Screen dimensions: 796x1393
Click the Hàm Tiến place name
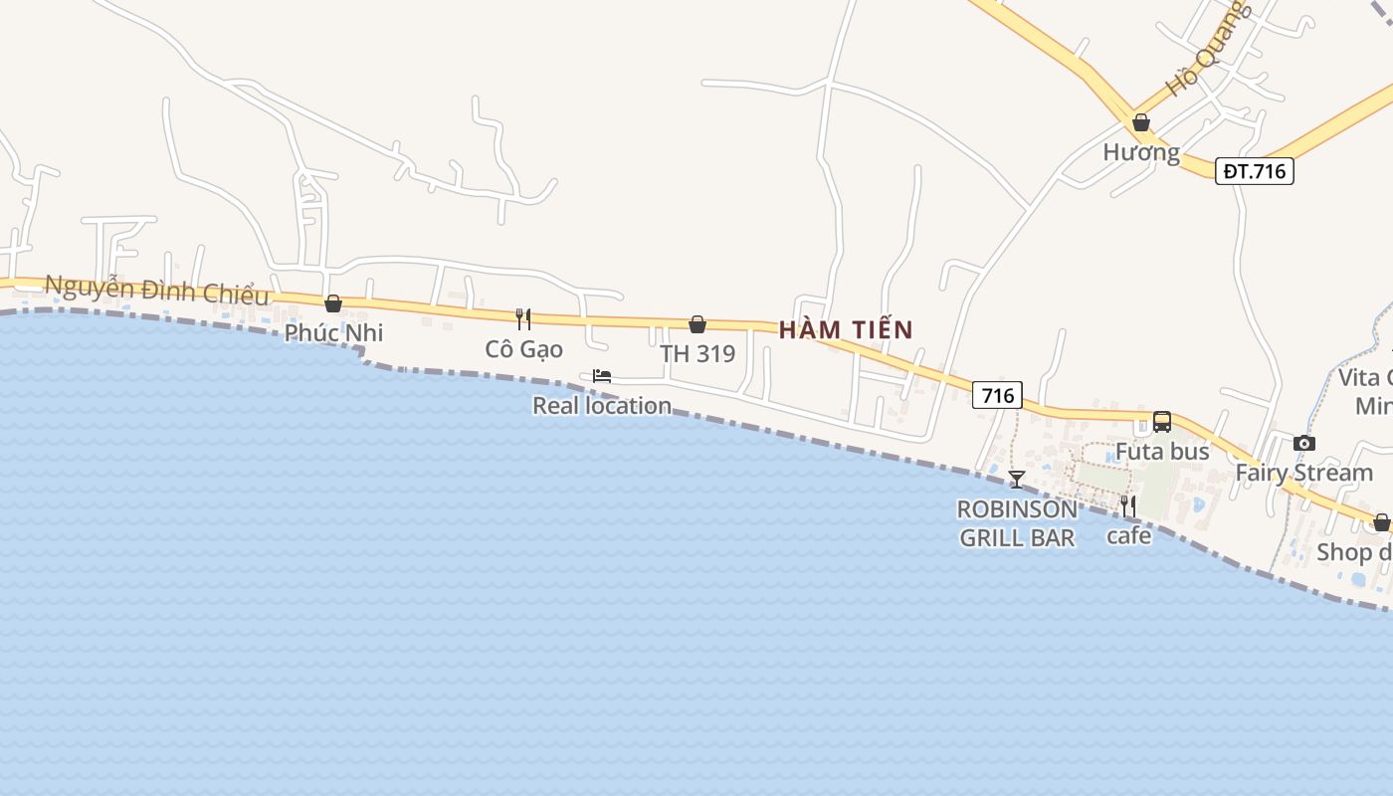point(846,329)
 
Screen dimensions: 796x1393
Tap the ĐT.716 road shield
point(1254,171)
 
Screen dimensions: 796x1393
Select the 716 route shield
point(997,395)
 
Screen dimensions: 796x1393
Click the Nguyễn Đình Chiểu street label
point(157,291)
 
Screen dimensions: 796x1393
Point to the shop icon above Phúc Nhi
point(333,303)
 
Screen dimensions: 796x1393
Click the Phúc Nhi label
point(333,332)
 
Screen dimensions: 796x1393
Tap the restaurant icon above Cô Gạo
point(523,319)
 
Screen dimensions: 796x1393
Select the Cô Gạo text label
point(523,349)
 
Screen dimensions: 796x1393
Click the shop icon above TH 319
point(697,324)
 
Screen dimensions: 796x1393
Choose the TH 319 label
point(697,353)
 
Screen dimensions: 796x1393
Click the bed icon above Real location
point(602,376)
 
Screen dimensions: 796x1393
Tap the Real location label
point(602,405)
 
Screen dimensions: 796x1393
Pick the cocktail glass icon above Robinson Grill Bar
point(1016,480)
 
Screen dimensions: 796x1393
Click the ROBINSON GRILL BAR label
point(1016,523)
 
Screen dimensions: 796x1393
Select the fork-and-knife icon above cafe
point(1127,506)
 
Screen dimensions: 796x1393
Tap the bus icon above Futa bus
point(1162,422)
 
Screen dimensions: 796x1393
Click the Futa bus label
point(1162,452)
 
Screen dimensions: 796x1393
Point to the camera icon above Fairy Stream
point(1303,444)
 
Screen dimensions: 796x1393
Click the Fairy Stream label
point(1303,473)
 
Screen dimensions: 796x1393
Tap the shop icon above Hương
point(1141,123)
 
